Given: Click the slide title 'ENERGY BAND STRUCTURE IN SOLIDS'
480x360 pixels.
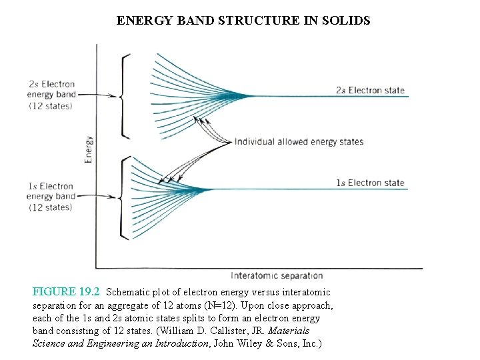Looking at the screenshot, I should [243, 21].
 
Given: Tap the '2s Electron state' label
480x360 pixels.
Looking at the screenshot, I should [369, 90].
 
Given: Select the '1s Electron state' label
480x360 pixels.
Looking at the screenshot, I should [369, 183].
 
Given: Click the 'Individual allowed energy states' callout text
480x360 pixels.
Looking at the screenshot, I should [299, 141].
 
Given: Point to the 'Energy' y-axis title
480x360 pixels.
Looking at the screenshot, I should [88, 150].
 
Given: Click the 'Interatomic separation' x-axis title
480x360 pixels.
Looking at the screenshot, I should [277, 275].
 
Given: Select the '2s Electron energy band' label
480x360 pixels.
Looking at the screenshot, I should [51, 89].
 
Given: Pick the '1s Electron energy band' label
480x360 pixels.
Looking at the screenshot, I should [51, 191].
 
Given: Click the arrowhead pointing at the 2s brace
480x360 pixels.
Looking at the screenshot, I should [115, 95].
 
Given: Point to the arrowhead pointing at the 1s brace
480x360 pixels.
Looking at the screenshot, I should [115, 196].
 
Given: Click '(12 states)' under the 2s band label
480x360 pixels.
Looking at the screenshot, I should [50, 106].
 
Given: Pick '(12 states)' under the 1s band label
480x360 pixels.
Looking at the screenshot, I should [50, 207].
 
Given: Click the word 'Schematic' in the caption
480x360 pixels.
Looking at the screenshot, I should [128, 292].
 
